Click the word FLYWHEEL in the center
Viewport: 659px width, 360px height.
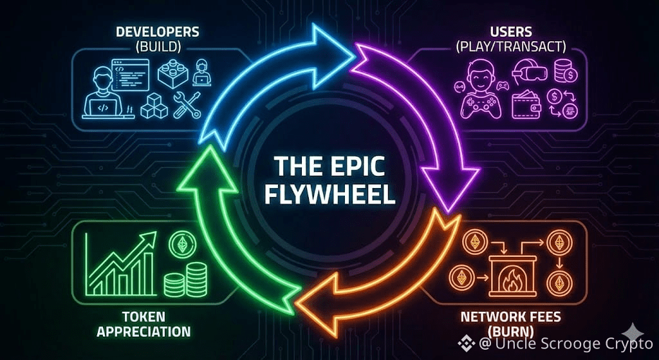click(x=329, y=193)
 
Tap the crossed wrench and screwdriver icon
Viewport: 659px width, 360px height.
click(x=187, y=104)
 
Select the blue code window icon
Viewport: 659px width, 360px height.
click(x=130, y=74)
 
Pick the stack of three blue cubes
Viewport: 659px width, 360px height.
click(x=154, y=104)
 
